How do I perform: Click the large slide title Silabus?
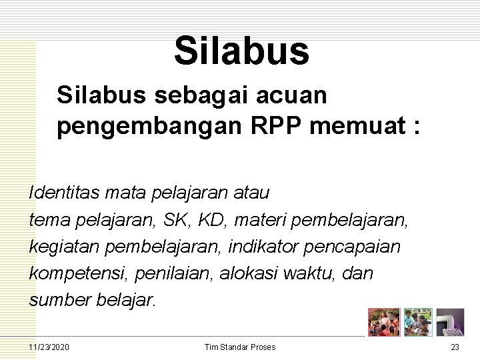pyautogui.click(x=241, y=51)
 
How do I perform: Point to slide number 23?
pyautogui.click(x=455, y=347)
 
